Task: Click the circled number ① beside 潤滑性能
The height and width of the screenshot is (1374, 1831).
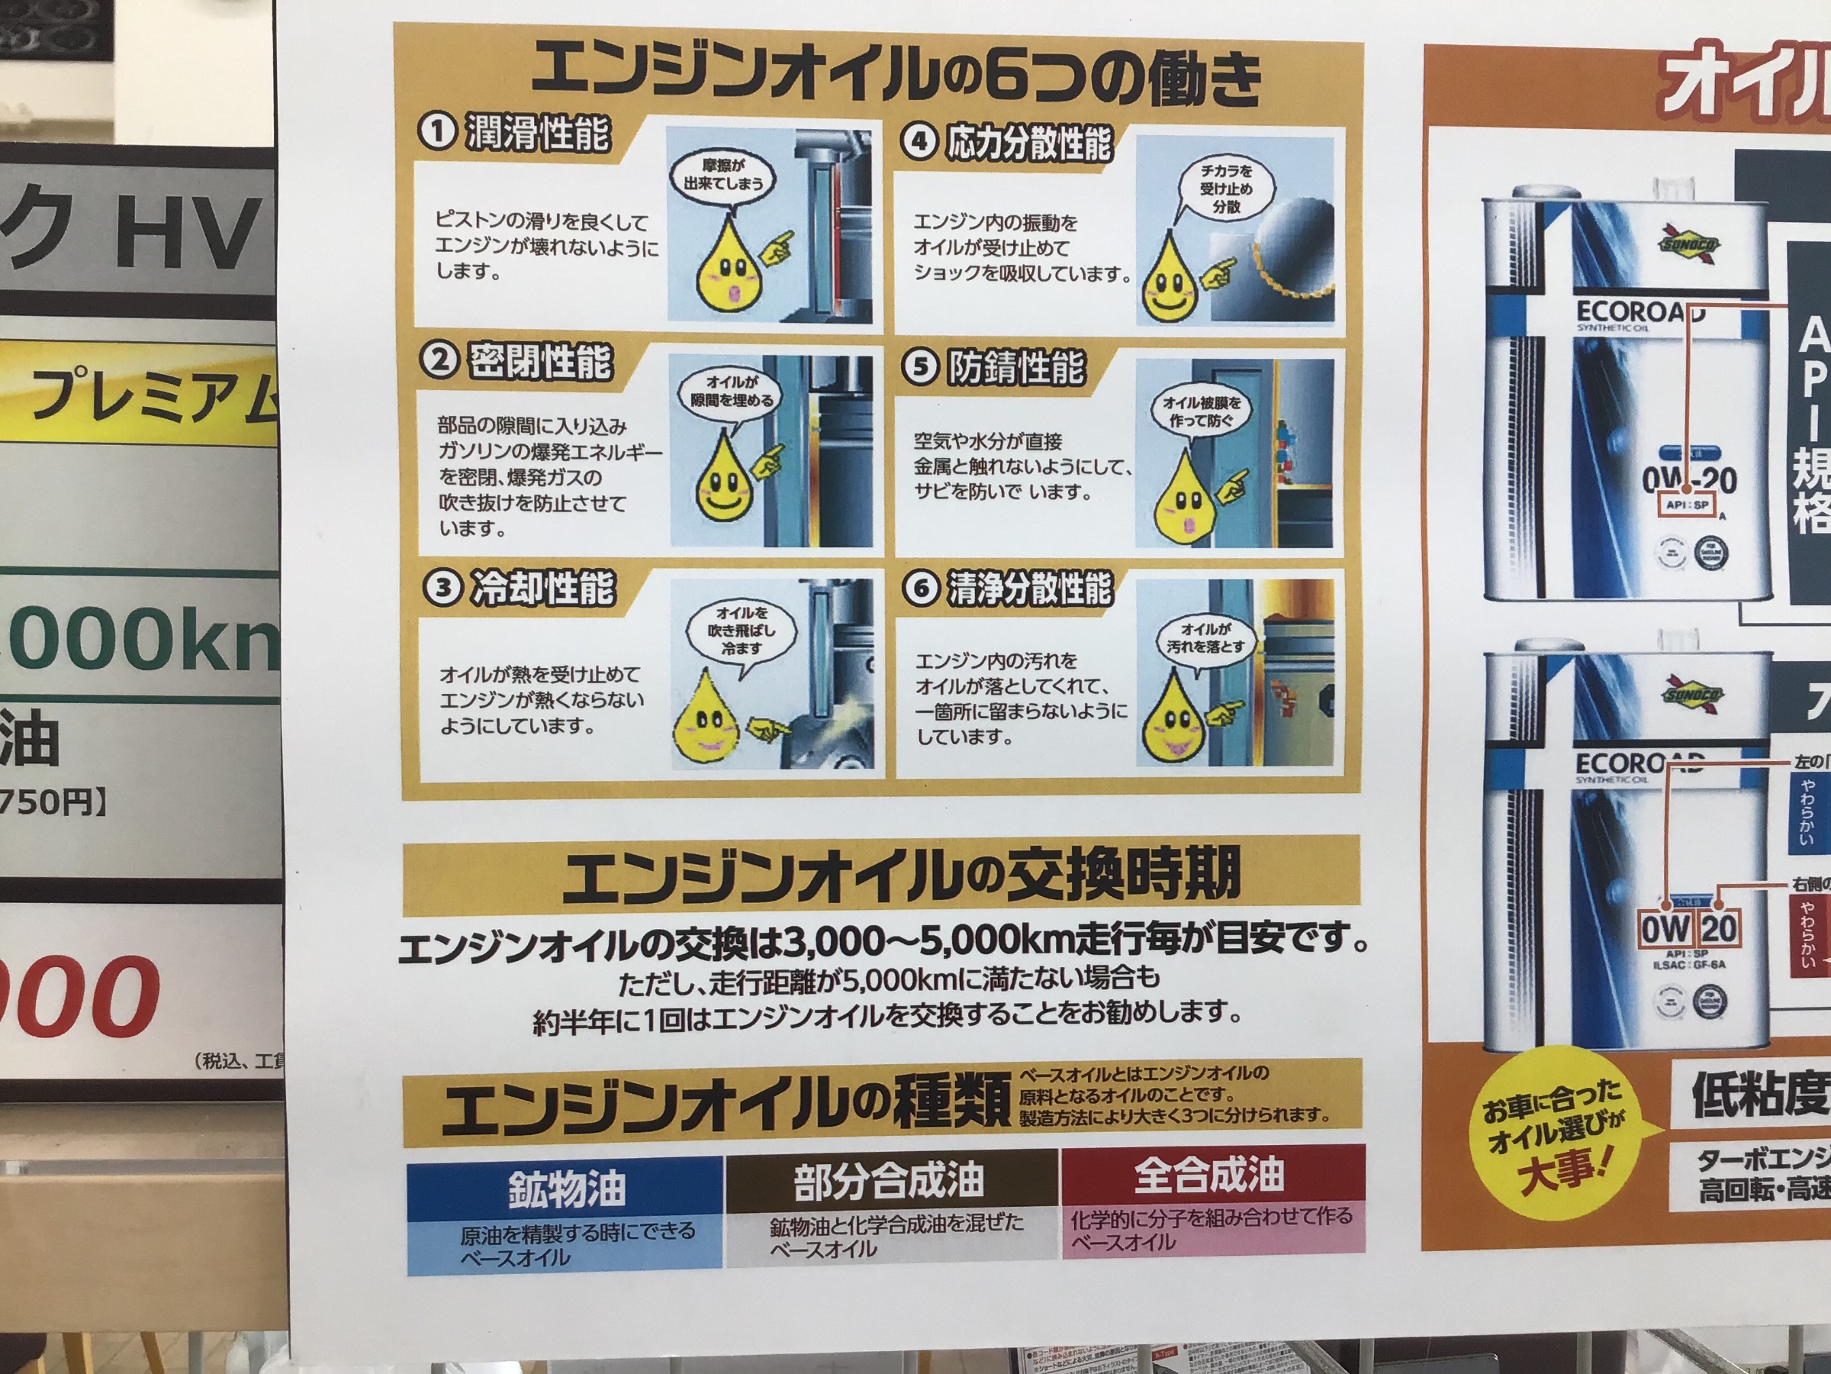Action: pos(437,132)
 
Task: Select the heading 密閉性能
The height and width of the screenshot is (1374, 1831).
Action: pos(540,361)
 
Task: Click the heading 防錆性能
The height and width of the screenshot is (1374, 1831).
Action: pos(1015,368)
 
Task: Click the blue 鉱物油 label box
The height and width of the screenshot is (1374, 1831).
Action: pos(566,1189)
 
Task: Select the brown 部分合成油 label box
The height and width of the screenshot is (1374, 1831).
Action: pos(890,1181)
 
